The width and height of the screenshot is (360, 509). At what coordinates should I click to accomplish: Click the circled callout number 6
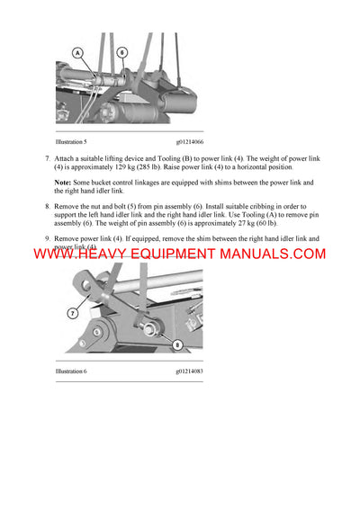[x=121, y=53]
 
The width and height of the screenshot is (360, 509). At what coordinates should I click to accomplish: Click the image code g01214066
[x=196, y=142]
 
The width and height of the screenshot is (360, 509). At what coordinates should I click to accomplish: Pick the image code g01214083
[x=196, y=371]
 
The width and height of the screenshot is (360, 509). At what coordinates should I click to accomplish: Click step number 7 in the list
[x=47, y=159]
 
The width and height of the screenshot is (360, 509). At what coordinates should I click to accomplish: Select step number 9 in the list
[x=47, y=238]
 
